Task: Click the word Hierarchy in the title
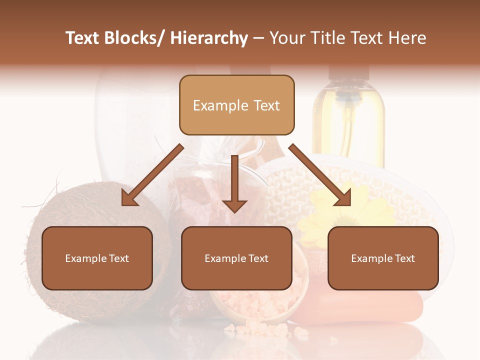[x=209, y=38]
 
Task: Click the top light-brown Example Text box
[x=236, y=105]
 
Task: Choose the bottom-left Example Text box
[x=97, y=258]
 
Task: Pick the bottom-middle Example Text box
[x=236, y=258]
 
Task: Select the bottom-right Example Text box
[x=383, y=258]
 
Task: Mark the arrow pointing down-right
[x=320, y=175]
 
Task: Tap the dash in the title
[x=258, y=38]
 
